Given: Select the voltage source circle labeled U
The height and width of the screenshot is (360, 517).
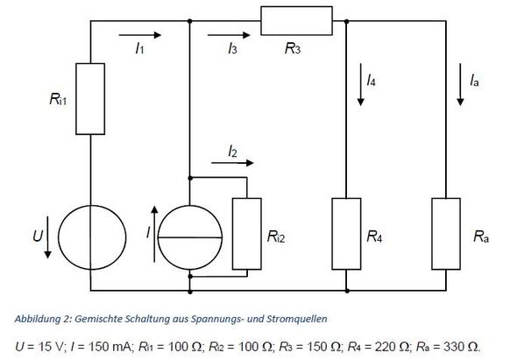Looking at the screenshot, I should [x=91, y=236].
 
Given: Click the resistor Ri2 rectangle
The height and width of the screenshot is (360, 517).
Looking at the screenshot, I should [x=248, y=233].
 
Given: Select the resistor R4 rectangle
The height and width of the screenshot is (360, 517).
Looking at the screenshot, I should [x=348, y=233].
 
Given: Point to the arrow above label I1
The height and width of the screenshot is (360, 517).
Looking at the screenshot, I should [x=145, y=37].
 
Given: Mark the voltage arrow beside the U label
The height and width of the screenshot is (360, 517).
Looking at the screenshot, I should [x=47, y=247].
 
